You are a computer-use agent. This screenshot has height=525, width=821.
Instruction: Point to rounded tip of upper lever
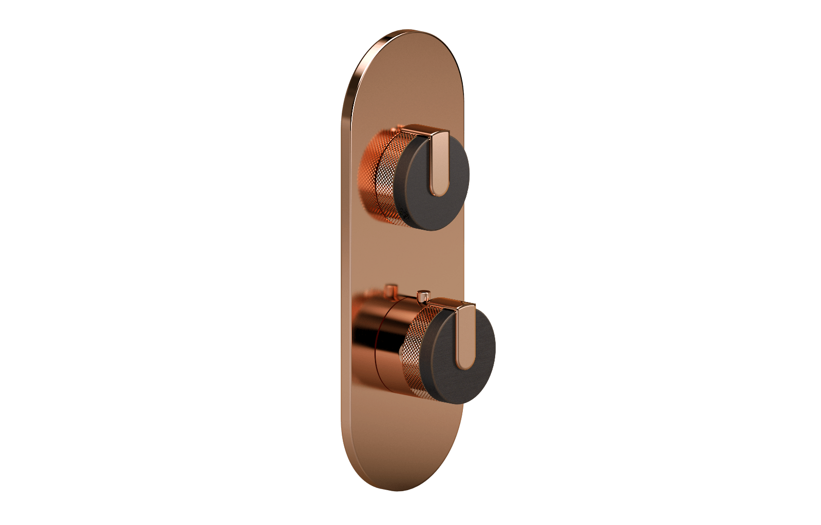tap(437, 192)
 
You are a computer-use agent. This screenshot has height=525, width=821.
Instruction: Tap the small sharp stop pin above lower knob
tap(423, 296)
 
